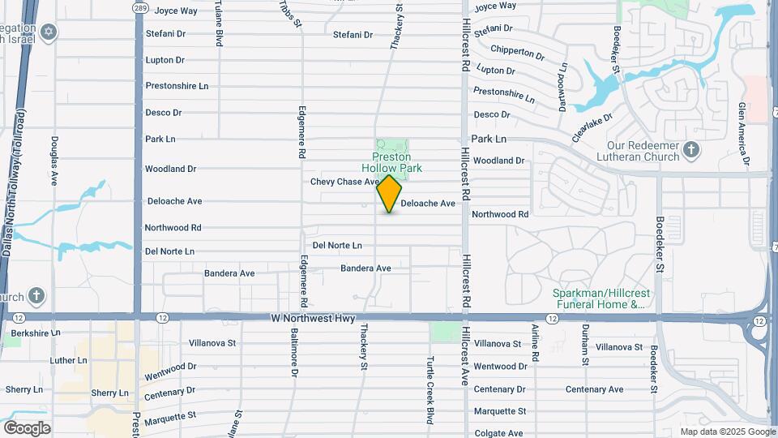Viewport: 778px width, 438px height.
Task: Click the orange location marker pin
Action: tap(390, 193)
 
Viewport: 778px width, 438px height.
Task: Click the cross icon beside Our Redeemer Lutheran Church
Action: tap(690, 149)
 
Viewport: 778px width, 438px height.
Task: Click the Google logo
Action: tap(27, 427)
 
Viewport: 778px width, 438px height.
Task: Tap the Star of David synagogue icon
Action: tap(49, 32)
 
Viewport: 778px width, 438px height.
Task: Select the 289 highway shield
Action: tap(139, 6)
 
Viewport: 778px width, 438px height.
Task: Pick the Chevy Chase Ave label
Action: tap(344, 182)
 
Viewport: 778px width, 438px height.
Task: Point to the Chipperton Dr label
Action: tap(517, 52)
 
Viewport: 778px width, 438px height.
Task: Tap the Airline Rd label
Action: tap(536, 344)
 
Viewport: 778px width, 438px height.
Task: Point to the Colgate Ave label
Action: tap(499, 433)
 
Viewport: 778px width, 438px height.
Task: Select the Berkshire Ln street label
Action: tap(32, 333)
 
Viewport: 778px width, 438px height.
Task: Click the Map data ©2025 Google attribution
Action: tap(727, 432)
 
